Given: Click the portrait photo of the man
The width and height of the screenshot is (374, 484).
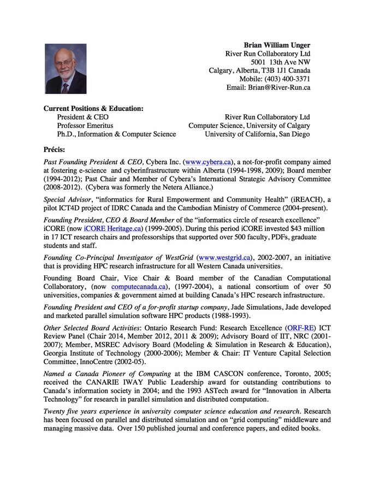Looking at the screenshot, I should (65, 69).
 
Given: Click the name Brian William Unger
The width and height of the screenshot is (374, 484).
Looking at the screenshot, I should (277, 44).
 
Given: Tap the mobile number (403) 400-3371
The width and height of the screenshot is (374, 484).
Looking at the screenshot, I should (283, 79).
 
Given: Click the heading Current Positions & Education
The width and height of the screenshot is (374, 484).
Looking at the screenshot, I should (93, 108).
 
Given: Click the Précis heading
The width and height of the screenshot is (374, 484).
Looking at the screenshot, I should (54, 149).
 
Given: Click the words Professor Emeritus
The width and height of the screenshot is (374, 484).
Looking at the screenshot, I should (85, 125).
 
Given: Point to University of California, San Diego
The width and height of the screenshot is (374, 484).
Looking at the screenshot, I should (257, 134).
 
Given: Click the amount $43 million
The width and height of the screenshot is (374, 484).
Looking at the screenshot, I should (306, 228).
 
